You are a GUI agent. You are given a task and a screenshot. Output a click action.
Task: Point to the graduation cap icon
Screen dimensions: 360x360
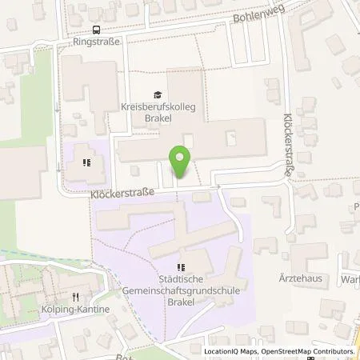(x=158, y=94)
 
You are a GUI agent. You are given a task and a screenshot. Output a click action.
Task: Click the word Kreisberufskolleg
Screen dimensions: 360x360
(x=158, y=106)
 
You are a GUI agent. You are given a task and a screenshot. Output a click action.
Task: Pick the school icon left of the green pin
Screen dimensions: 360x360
(x=87, y=163)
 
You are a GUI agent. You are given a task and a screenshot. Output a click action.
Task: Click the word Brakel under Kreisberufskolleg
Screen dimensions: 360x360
(x=158, y=117)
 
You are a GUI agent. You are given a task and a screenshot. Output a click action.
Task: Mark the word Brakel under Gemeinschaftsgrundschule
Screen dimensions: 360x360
(x=179, y=303)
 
